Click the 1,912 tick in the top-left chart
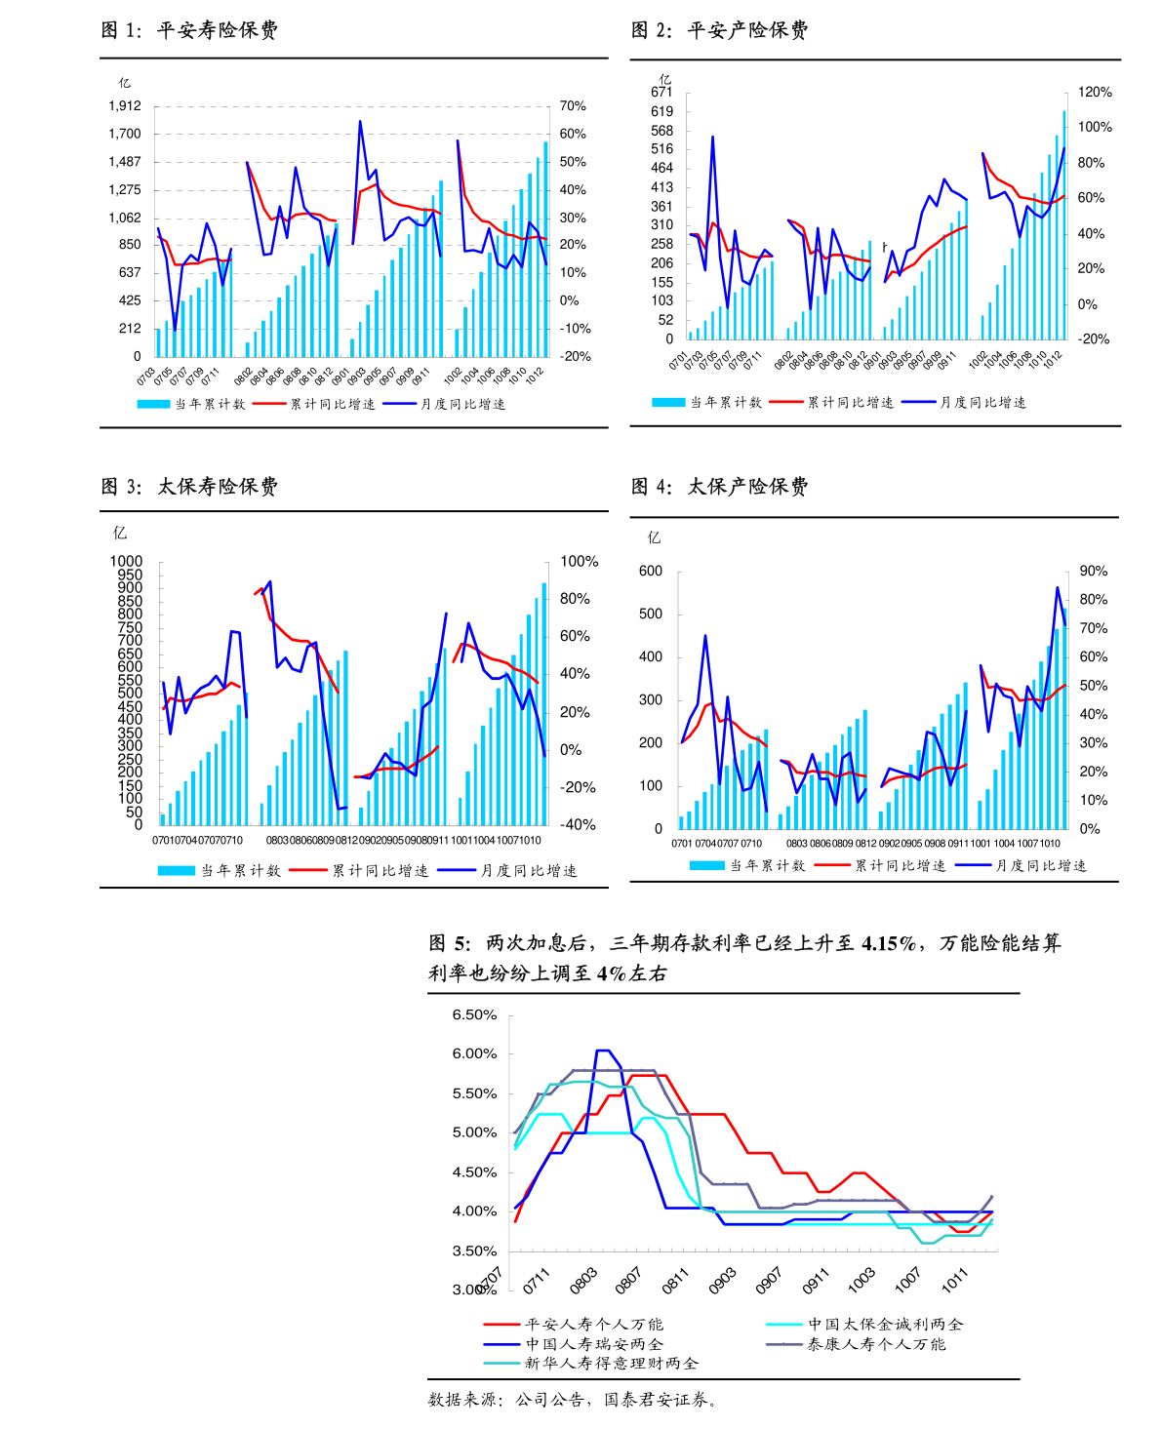[x=125, y=106]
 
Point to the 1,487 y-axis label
[x=125, y=162]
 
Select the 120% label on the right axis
[x=1095, y=93]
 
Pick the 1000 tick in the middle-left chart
[x=126, y=562]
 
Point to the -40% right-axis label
[x=579, y=825]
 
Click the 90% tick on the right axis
[x=1093, y=572]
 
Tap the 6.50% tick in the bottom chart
[x=474, y=1015]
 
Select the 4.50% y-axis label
[x=474, y=1172]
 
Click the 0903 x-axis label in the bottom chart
[x=722, y=1282]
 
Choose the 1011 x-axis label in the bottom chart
[x=954, y=1281]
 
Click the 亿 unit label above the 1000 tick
[x=120, y=533]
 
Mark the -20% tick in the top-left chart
[x=575, y=357]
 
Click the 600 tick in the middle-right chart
[x=650, y=572]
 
